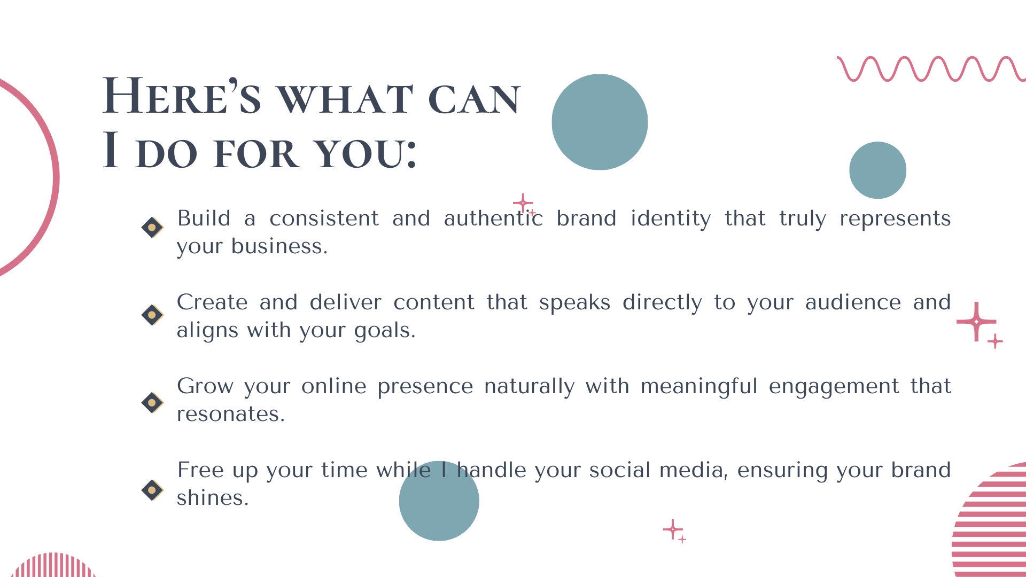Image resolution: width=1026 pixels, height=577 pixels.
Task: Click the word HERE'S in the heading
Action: [x=182, y=96]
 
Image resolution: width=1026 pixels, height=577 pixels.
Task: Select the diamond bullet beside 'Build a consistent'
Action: [x=152, y=228]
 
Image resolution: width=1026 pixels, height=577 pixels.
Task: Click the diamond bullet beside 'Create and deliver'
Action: [x=152, y=315]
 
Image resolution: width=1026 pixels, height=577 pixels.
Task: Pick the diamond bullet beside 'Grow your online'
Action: [x=152, y=403]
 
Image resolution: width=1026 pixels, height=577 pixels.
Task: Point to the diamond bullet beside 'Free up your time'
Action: [x=152, y=490]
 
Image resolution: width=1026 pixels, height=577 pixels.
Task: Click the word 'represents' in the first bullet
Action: [x=895, y=219]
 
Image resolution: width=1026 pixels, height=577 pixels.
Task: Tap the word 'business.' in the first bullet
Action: [x=279, y=246]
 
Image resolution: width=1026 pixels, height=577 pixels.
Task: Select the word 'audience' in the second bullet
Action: [x=853, y=302]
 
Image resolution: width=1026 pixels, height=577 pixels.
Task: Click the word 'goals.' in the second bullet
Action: [x=385, y=331]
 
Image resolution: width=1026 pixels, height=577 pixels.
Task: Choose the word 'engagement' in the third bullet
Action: [x=834, y=387]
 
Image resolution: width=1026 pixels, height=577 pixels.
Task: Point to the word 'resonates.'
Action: [x=231, y=414]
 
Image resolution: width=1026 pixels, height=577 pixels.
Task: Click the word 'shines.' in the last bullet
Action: [x=213, y=497]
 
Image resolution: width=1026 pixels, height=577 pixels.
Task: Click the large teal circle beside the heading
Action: [x=600, y=122]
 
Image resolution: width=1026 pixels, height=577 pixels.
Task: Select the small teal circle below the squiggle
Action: [x=878, y=170]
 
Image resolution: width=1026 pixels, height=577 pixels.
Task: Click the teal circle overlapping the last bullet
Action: [x=439, y=501]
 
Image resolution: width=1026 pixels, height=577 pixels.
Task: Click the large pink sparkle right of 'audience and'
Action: [x=976, y=322]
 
